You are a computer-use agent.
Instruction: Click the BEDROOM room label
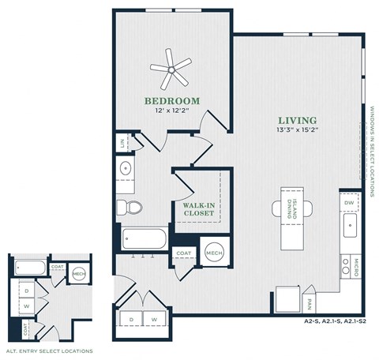(x=171, y=100)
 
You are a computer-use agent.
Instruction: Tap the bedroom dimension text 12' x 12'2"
(x=171, y=111)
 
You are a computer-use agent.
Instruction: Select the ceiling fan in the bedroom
(x=171, y=69)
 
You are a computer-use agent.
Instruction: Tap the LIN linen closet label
(x=122, y=144)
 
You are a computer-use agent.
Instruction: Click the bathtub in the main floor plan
(x=143, y=238)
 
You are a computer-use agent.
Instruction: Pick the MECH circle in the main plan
(x=213, y=252)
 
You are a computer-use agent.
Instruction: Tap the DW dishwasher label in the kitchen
(x=349, y=203)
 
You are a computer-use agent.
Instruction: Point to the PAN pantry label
(x=310, y=301)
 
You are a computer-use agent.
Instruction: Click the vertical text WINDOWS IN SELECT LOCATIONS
(x=371, y=149)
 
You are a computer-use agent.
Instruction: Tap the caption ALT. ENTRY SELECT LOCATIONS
(x=49, y=350)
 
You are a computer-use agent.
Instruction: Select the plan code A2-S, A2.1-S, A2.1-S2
(x=337, y=322)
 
